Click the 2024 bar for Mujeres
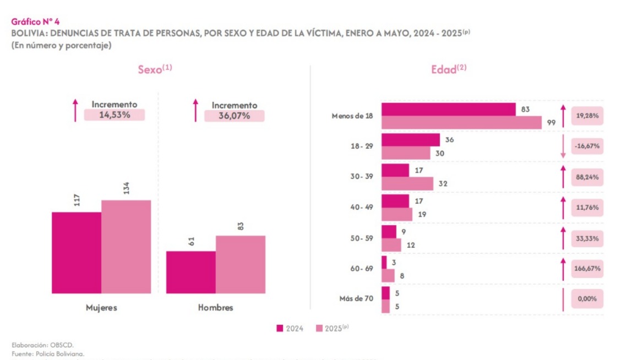point(77,253)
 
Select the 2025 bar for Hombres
point(240,264)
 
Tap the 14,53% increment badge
point(115,115)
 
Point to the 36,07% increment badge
point(234,116)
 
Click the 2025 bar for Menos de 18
point(461,123)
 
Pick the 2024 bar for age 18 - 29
point(411,140)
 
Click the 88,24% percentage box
point(588,177)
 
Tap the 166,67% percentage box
point(588,269)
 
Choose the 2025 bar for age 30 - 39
point(407,184)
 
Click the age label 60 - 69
point(362,269)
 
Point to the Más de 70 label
point(356,299)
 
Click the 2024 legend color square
point(280,329)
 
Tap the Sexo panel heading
point(155,70)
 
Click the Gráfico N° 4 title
point(35,21)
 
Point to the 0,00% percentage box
point(588,299)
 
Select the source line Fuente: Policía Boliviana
point(48,353)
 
